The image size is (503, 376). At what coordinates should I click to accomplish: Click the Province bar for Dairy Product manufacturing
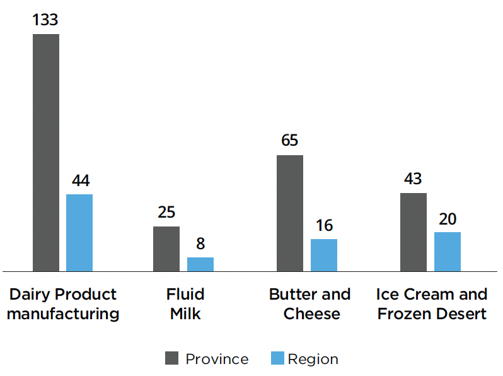(46, 153)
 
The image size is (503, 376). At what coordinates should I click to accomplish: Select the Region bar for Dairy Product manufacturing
(79, 233)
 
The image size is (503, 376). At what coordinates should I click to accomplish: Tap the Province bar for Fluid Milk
(166, 249)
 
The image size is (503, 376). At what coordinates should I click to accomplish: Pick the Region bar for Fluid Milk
(200, 264)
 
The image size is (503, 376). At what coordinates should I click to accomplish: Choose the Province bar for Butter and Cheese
(290, 213)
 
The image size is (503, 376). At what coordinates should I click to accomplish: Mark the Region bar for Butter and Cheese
(324, 255)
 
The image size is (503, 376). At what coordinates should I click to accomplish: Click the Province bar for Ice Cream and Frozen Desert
(413, 232)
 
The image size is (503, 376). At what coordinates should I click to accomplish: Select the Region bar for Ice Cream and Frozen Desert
(448, 252)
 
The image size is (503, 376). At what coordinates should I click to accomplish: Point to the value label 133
(45, 20)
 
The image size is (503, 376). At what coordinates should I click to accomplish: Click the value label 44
(80, 180)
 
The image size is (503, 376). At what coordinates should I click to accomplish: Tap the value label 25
(166, 213)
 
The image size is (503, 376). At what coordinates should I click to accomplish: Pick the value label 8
(200, 244)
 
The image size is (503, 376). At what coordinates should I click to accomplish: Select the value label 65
(290, 141)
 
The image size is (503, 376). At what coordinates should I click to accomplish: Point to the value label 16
(324, 226)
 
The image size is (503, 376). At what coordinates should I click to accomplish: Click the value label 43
(413, 179)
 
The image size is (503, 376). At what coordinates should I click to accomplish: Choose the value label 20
(448, 219)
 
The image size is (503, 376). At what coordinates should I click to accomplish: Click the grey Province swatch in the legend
(172, 358)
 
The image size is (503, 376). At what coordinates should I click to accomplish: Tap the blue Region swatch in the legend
(277, 358)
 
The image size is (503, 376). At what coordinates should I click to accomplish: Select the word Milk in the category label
(185, 314)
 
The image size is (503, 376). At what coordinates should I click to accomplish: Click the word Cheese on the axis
(311, 314)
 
